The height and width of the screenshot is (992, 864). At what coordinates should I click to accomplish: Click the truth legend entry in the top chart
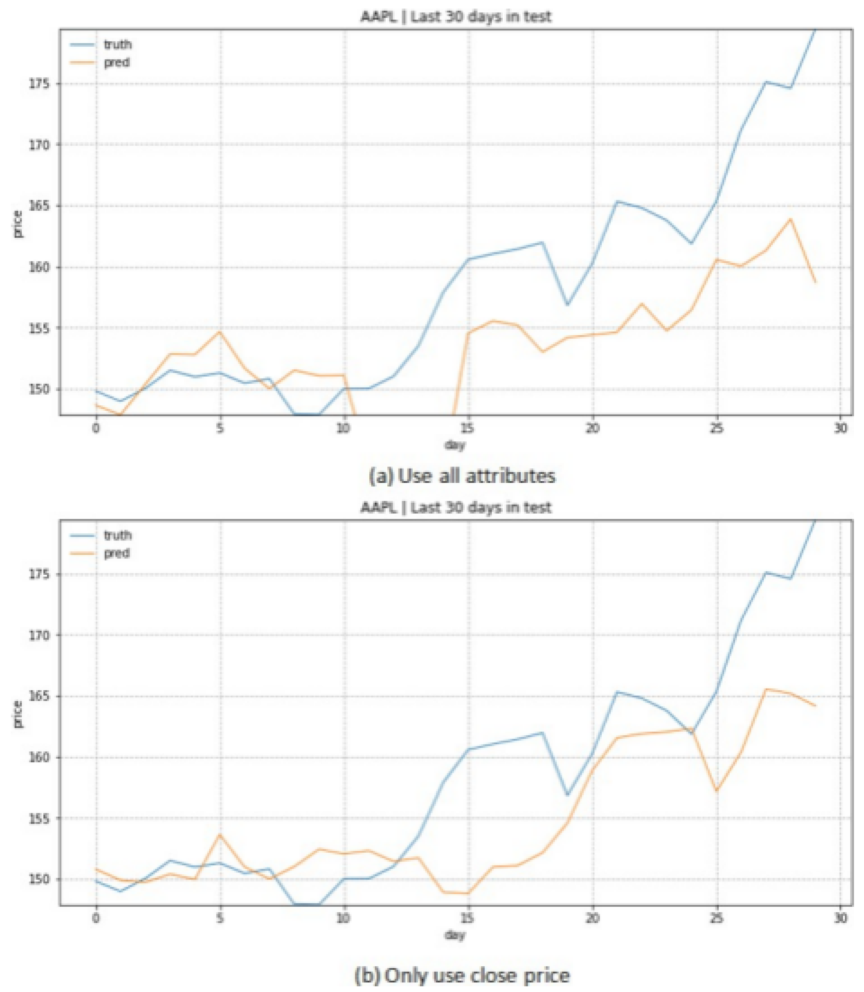pos(117,44)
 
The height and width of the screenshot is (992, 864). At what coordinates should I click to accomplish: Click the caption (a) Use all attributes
pos(462,476)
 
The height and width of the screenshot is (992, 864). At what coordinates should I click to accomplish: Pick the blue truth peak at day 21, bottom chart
pos(617,691)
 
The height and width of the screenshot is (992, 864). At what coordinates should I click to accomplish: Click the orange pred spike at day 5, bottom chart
pos(220,834)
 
